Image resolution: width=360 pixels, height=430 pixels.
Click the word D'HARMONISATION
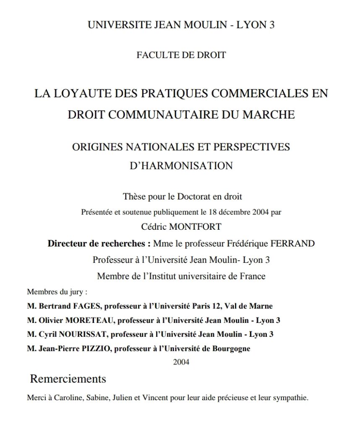pyautogui.click(x=181, y=165)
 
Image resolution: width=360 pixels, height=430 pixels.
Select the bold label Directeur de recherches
pyautogui.click(x=99, y=244)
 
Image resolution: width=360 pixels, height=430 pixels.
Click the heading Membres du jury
pyautogui.click(x=57, y=291)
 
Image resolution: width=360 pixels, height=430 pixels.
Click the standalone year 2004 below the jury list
pyautogui.click(x=181, y=362)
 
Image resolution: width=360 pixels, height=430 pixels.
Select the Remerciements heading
pyautogui.click(x=68, y=379)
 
